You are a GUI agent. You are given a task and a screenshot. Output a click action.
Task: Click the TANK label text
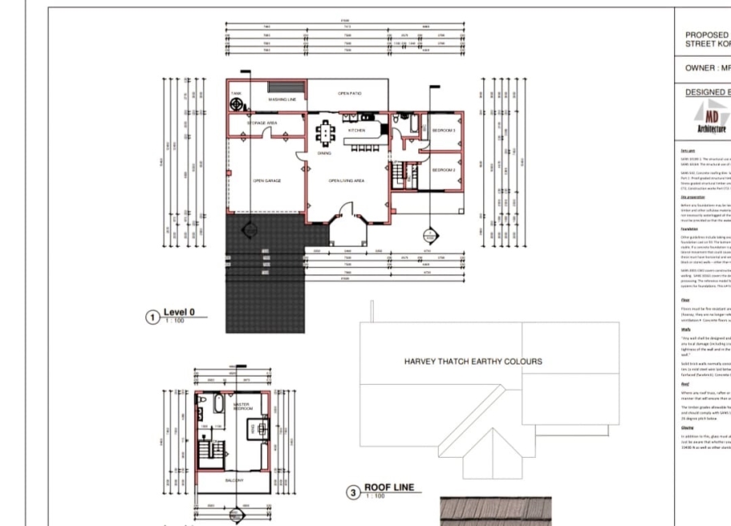[236, 93]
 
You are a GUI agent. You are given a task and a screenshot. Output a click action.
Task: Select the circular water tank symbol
[238, 105]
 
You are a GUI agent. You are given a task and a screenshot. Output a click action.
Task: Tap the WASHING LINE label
[280, 100]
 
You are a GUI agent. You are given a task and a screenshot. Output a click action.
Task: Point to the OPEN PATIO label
[349, 93]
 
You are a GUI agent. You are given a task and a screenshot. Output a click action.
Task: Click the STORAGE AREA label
[263, 123]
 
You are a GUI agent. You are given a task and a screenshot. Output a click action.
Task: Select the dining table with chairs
[325, 131]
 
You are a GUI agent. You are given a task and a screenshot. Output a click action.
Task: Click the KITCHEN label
[357, 130]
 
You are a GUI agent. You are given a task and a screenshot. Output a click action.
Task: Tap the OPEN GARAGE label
[266, 181]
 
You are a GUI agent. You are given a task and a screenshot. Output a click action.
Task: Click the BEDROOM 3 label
[443, 130]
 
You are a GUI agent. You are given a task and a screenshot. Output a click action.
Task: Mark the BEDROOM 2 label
[443, 170]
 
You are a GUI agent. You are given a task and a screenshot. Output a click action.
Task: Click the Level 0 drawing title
[180, 312]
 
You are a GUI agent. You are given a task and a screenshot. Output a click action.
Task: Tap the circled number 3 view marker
[352, 492]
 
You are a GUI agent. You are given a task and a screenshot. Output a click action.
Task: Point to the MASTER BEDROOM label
[241, 406]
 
